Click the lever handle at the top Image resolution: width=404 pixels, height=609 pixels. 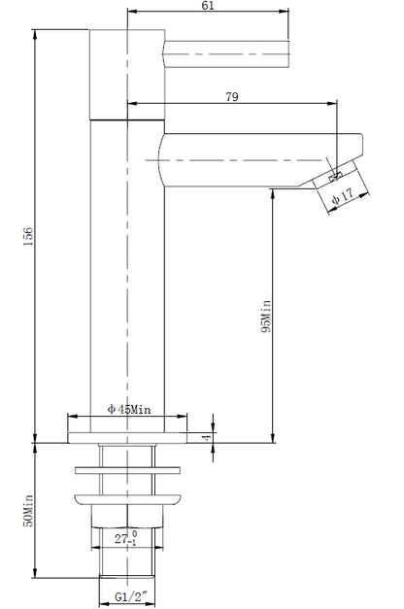click(228, 51)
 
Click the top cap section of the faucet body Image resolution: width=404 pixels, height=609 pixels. click(127, 73)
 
